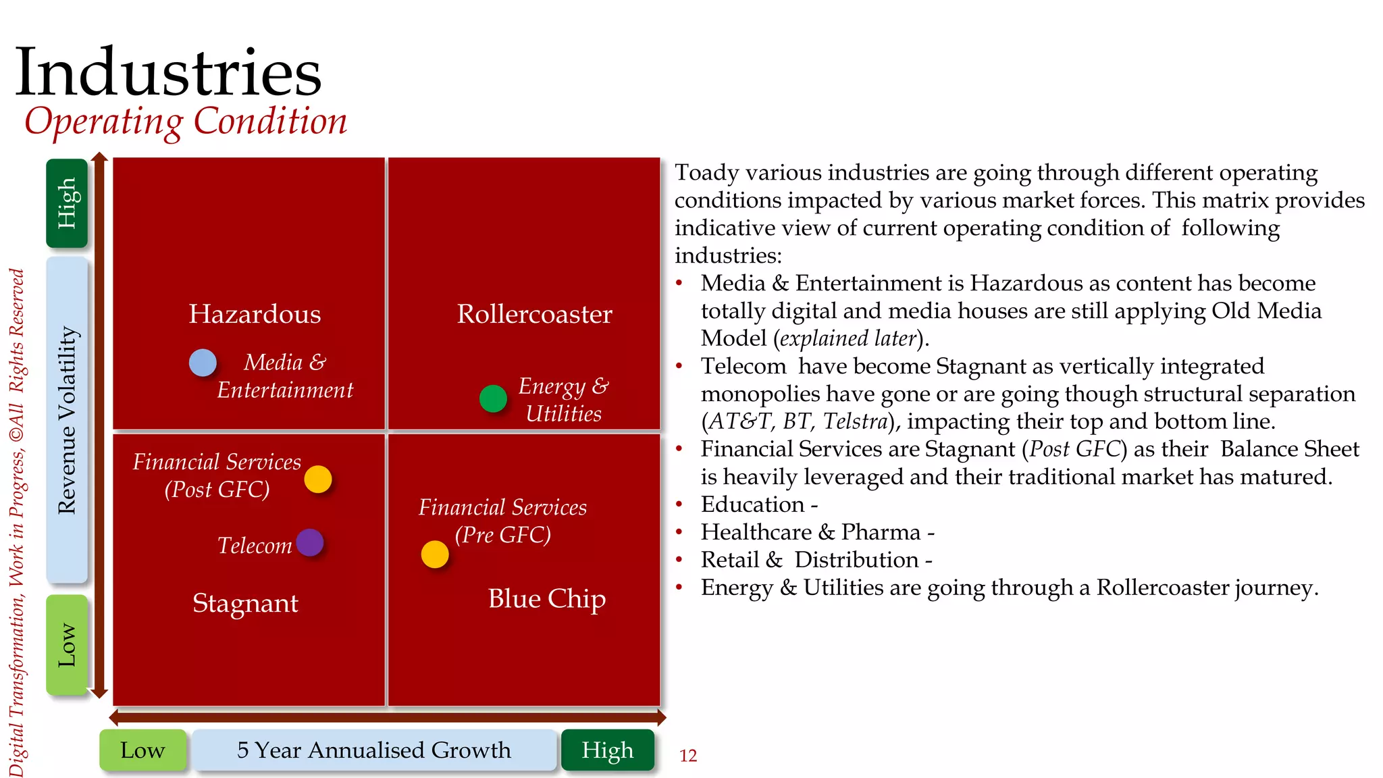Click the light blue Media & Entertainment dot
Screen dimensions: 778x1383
[203, 363]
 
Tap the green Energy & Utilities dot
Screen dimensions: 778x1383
[493, 398]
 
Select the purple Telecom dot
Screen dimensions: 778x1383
[310, 542]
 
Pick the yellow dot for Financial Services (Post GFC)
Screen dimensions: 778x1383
[318, 479]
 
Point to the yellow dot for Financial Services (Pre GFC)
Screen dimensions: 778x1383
[435, 554]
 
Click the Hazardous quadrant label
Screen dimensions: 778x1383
[255, 314]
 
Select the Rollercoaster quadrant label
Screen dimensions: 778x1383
[534, 314]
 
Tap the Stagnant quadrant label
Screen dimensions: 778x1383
[245, 603]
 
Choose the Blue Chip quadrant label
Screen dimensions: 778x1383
[546, 598]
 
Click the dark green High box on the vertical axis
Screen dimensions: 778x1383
[67, 203]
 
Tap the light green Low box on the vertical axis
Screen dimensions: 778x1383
[67, 645]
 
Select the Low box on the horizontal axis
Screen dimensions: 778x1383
[142, 750]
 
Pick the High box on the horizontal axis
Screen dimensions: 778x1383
[608, 750]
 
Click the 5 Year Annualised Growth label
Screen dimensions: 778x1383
[374, 750]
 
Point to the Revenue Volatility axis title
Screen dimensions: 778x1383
[67, 420]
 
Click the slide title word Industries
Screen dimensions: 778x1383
[168, 72]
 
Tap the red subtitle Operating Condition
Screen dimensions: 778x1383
[186, 122]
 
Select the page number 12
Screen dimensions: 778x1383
[688, 756]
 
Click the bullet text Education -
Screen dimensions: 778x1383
[759, 504]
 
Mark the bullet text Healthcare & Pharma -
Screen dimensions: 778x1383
[817, 532]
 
